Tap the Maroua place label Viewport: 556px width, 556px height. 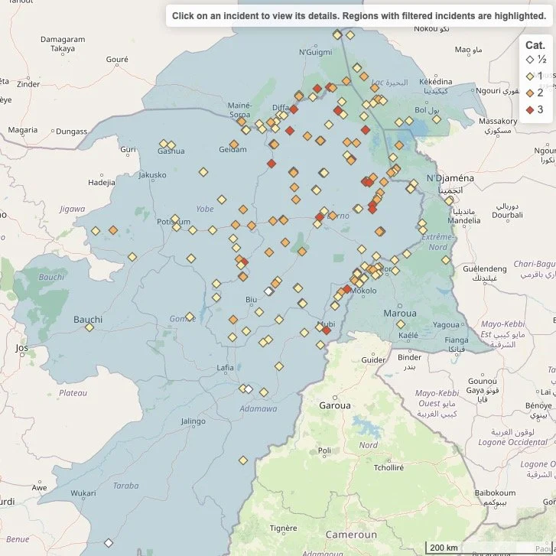tap(400, 314)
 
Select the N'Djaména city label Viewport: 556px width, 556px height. tap(450, 177)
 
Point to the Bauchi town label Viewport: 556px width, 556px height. tap(87, 319)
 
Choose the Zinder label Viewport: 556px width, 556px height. tap(28, 84)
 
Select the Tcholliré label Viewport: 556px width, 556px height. tap(389, 467)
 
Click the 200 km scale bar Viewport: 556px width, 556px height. tap(444, 548)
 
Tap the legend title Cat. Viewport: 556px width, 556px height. tap(535, 45)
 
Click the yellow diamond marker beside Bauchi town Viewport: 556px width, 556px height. tap(89, 327)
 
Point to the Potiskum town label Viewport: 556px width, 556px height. tap(173, 221)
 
